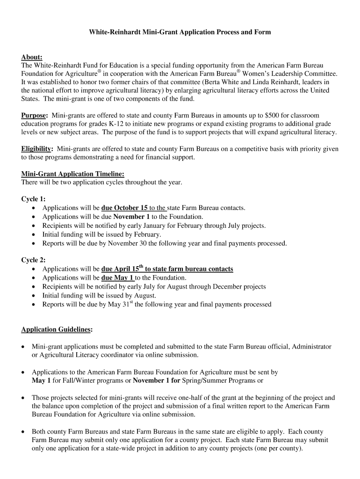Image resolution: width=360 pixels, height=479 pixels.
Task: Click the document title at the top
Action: click(x=180, y=32)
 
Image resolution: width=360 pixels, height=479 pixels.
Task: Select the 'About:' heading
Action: click(x=32, y=57)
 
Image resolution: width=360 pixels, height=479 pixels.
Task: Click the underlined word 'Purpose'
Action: click(x=34, y=115)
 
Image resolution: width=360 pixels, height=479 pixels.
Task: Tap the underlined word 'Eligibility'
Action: click(x=37, y=149)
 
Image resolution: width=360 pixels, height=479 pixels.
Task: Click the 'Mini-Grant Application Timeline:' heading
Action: click(x=72, y=174)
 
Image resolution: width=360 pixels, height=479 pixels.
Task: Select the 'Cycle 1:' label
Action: click(x=33, y=199)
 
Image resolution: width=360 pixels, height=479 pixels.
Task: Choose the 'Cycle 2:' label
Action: click(x=33, y=260)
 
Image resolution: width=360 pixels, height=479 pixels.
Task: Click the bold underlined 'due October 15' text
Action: click(x=124, y=208)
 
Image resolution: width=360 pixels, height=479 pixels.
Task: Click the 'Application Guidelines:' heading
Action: click(x=57, y=330)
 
